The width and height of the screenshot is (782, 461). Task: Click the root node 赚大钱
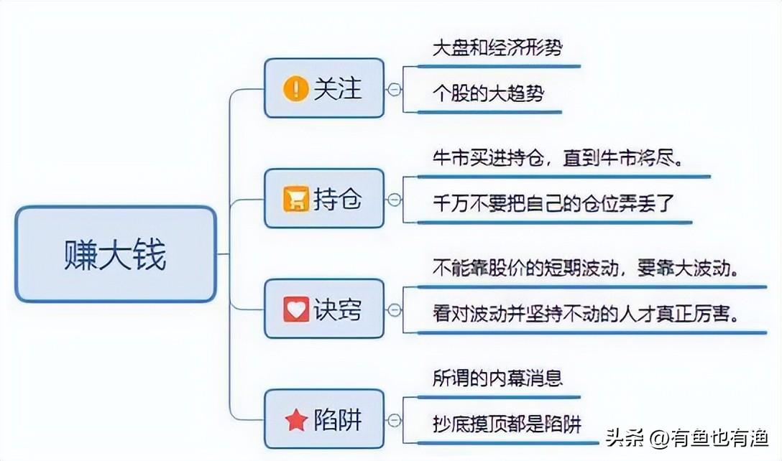click(x=115, y=254)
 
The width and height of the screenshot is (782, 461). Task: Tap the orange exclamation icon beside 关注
click(x=295, y=89)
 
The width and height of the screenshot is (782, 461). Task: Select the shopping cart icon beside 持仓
click(x=295, y=199)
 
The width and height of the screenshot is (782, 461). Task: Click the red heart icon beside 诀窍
click(x=295, y=309)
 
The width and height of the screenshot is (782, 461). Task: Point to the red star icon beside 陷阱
click(x=295, y=420)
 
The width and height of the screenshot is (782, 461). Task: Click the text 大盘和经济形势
click(x=497, y=49)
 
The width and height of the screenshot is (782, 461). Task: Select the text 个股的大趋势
click(x=488, y=93)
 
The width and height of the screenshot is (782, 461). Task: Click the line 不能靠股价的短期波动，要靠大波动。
click(x=586, y=269)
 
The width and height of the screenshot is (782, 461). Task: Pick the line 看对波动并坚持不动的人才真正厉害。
click(x=586, y=314)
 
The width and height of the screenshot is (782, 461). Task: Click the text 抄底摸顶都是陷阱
click(x=507, y=423)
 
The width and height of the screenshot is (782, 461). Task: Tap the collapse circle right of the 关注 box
click(x=394, y=89)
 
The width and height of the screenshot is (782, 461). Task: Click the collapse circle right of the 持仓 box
click(x=394, y=200)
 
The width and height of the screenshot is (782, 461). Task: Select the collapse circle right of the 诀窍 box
click(x=394, y=310)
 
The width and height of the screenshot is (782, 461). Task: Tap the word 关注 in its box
click(x=337, y=89)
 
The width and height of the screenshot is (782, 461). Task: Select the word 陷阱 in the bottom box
click(x=337, y=420)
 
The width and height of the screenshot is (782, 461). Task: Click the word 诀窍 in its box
click(x=337, y=309)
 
